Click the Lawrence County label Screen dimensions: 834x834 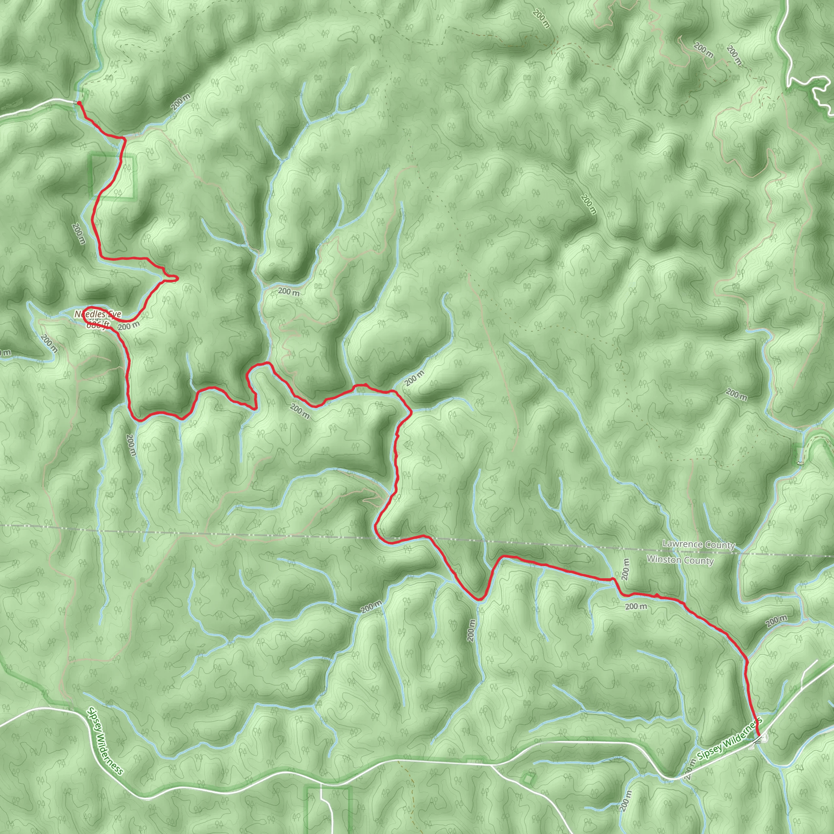(x=698, y=544)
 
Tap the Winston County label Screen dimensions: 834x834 (x=680, y=560)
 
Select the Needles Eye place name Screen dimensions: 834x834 (x=98, y=315)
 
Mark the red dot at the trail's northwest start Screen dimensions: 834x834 (x=79, y=103)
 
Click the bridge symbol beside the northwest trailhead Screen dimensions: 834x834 (x=76, y=103)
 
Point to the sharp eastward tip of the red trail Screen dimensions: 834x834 (x=177, y=279)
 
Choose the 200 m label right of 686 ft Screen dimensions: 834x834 (x=129, y=326)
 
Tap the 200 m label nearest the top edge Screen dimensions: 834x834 (x=541, y=19)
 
